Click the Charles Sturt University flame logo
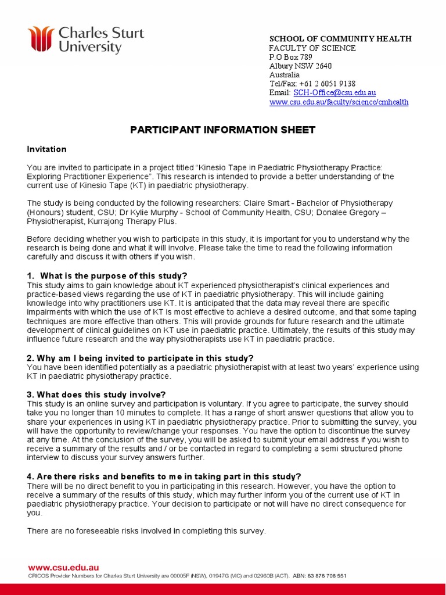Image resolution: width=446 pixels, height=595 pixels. pyautogui.click(x=42, y=39)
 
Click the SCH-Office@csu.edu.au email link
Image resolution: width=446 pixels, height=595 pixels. pyautogui.click(x=334, y=92)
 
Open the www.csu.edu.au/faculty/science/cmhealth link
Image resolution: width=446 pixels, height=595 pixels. pyautogui.click(x=339, y=102)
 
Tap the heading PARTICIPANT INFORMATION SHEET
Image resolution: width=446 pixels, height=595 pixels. pyautogui.click(x=222, y=130)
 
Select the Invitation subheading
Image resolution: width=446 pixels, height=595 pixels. pyautogui.click(x=47, y=149)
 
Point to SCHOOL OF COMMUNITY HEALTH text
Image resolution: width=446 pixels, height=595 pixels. pyautogui.click(x=340, y=38)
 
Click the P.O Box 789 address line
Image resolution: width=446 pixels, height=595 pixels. pyautogui.click(x=290, y=57)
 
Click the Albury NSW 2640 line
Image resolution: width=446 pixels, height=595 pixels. pyautogui.click(x=300, y=66)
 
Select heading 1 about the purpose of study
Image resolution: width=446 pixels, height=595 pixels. pyautogui.click(x=107, y=275)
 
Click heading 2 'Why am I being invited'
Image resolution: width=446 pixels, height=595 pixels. pyautogui.click(x=141, y=358)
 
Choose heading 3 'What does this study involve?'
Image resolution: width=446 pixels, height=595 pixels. pyautogui.click(x=96, y=395)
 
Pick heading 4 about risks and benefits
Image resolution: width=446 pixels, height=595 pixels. pyautogui.click(x=164, y=476)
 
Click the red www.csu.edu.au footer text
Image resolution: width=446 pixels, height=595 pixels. pyautogui.click(x=63, y=567)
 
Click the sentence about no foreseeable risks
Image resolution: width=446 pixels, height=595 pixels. pyautogui.click(x=146, y=531)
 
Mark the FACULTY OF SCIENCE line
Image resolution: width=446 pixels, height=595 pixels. pyautogui.click(x=312, y=48)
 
